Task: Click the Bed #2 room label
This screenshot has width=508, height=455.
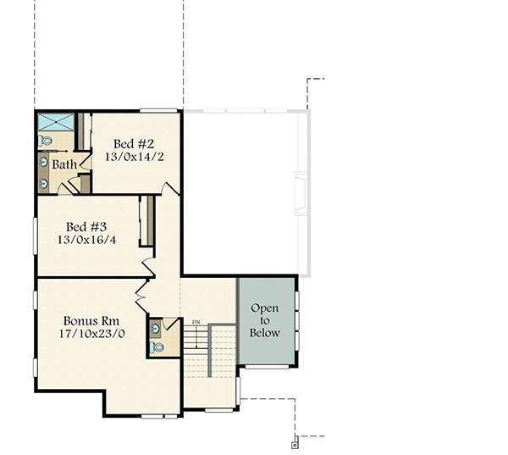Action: pyautogui.click(x=134, y=143)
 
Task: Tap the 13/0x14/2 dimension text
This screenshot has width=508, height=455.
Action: pyautogui.click(x=134, y=157)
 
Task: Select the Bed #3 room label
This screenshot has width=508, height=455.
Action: pyautogui.click(x=87, y=226)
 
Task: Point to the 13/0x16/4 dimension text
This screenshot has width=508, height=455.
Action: pyautogui.click(x=87, y=240)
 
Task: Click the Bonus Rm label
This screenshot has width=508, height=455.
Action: pyautogui.click(x=91, y=321)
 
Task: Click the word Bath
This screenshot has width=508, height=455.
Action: pyautogui.click(x=64, y=164)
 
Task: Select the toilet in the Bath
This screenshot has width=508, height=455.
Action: pyautogui.click(x=46, y=141)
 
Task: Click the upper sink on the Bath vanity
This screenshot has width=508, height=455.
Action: pyautogui.click(x=43, y=161)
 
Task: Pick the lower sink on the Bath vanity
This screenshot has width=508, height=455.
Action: pyautogui.click(x=43, y=181)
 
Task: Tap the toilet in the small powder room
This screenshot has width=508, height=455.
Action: pyautogui.click(x=158, y=347)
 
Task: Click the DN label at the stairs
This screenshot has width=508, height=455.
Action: pyautogui.click(x=196, y=322)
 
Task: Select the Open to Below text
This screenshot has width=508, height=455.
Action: pyautogui.click(x=264, y=319)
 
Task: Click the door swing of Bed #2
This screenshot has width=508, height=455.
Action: pyautogui.click(x=171, y=187)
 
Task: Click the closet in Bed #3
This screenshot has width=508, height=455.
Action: pyautogui.click(x=146, y=222)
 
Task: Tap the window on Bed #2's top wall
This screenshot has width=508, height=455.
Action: pyautogui.click(x=158, y=110)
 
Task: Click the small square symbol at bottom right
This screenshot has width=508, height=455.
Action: pyautogui.click(x=295, y=444)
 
